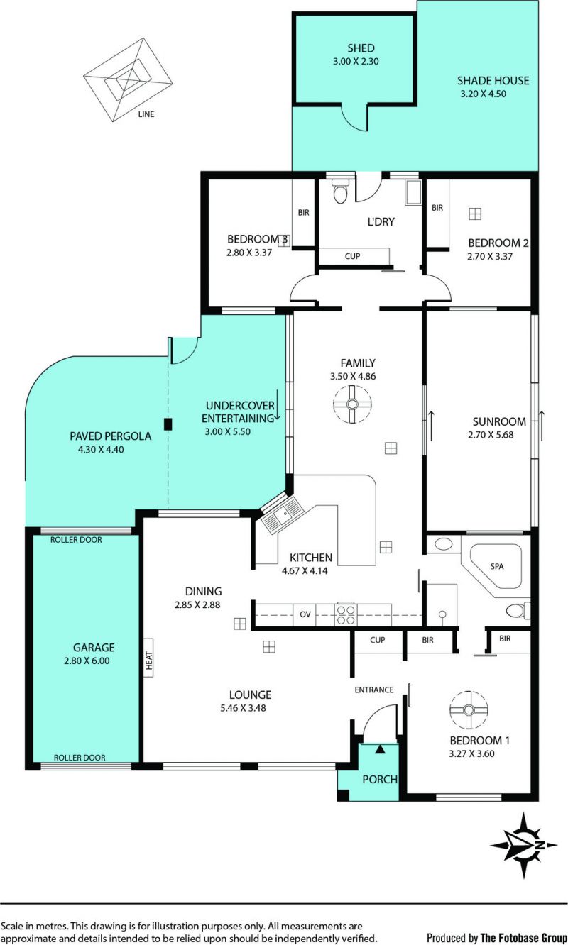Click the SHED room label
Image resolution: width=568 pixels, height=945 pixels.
[361, 48]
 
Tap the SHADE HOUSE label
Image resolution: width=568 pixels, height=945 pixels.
[493, 81]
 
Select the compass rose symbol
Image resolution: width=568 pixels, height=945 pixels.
[524, 846]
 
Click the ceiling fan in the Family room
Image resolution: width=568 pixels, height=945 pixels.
[352, 404]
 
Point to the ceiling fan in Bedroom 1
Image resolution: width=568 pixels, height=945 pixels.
[469, 710]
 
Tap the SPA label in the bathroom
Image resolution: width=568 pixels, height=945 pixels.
[497, 566]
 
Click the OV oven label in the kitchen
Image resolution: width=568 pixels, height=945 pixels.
[305, 614]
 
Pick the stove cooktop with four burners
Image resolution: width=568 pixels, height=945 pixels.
[346, 615]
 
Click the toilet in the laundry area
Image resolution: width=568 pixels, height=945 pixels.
[339, 191]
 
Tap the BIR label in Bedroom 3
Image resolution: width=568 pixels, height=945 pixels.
[304, 213]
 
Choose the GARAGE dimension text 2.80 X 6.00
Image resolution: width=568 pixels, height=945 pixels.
[87, 661]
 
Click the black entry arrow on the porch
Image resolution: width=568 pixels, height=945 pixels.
[381, 748]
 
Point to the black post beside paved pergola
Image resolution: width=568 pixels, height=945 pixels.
[168, 424]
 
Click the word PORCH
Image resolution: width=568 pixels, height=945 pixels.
[380, 779]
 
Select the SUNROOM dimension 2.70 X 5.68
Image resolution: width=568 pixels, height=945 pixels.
[491, 434]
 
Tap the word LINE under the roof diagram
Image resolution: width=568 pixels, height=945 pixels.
[146, 114]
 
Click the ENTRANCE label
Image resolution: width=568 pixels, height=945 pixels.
[373, 690]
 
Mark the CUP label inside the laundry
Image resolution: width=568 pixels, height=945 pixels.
[352, 256]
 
